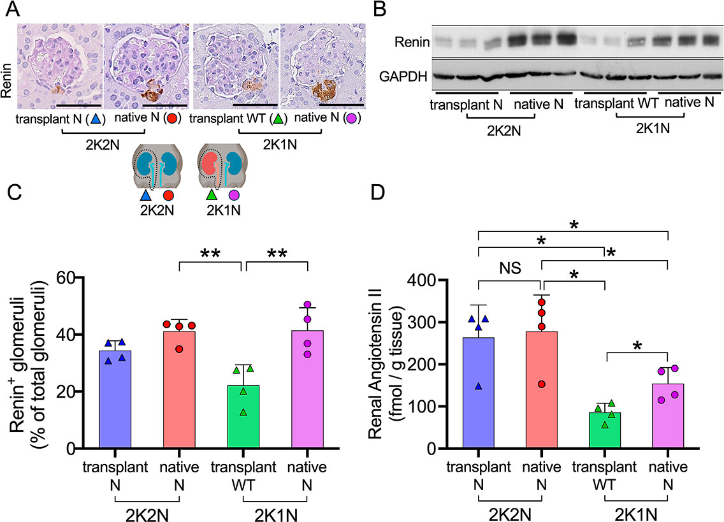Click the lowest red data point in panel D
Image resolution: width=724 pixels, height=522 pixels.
click(540, 384)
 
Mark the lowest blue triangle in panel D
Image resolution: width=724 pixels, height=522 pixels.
click(478, 386)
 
